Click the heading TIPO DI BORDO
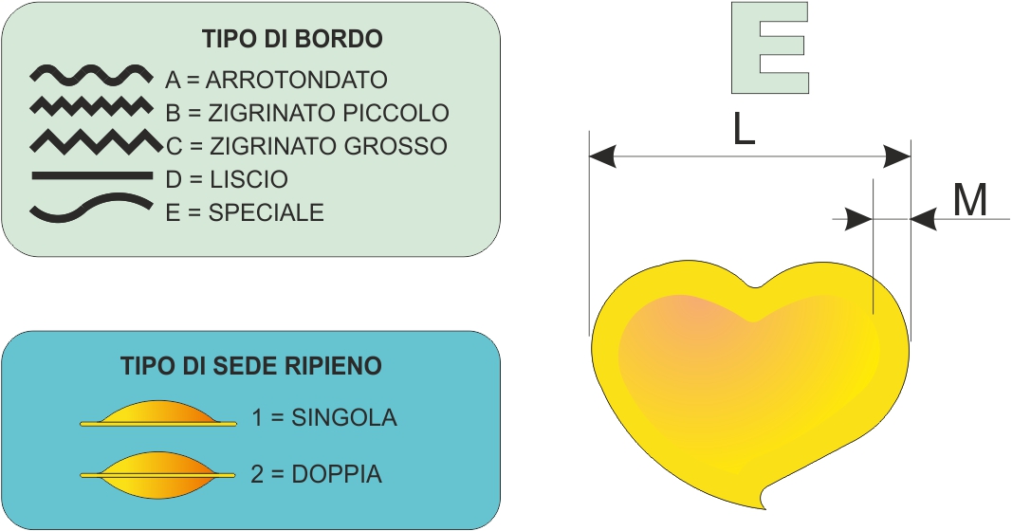tap(292, 39)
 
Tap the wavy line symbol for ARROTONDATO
tap(91, 76)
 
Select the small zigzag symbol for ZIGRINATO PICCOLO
tap(91, 106)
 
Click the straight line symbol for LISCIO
tap(92, 175)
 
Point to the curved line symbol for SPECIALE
tap(91, 208)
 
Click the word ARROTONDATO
tap(297, 80)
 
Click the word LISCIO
tap(249, 179)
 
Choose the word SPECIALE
tap(267, 212)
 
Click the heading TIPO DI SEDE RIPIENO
tap(251, 366)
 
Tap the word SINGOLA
tap(344, 417)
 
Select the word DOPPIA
tap(337, 474)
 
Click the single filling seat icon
tap(158, 414)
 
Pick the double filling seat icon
tap(157, 474)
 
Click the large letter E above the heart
tap(770, 47)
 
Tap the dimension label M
tap(970, 200)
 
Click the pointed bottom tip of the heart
tap(764, 508)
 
